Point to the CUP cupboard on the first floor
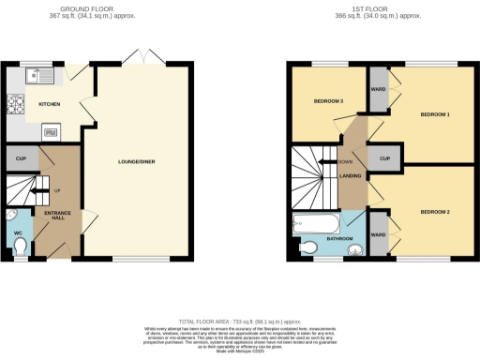click(x=384, y=158)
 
